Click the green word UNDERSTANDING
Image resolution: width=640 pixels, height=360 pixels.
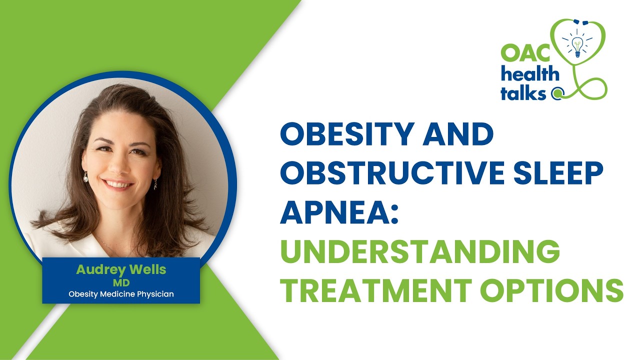[x=419, y=251]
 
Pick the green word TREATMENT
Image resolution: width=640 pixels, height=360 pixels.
[x=372, y=290]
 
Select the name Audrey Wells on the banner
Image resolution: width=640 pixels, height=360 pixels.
[x=121, y=269]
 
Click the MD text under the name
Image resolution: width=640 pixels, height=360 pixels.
[x=121, y=282]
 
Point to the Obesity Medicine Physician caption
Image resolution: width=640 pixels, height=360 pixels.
[x=121, y=294]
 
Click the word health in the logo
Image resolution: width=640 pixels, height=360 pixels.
[x=530, y=74]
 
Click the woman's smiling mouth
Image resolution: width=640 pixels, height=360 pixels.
[x=118, y=183]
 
